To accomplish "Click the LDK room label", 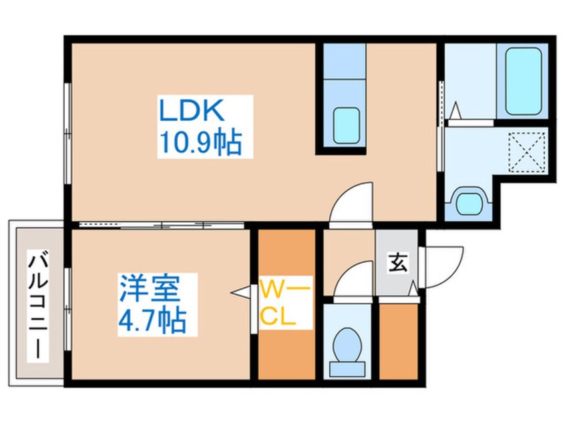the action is pos(192,111).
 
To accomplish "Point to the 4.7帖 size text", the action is pos(152,320).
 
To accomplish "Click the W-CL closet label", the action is pos(285,304).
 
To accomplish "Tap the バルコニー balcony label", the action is pos(38,306).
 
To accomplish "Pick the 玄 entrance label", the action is pos(398,262).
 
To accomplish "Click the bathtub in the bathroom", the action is pos(523,81).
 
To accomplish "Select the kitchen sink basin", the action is pos(347,125).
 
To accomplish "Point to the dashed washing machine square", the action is pos(526,153).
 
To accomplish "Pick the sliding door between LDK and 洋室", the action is pos(162,226).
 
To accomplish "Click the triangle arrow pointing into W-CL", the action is pos(240,292).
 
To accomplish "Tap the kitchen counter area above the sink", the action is pos(345,61).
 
